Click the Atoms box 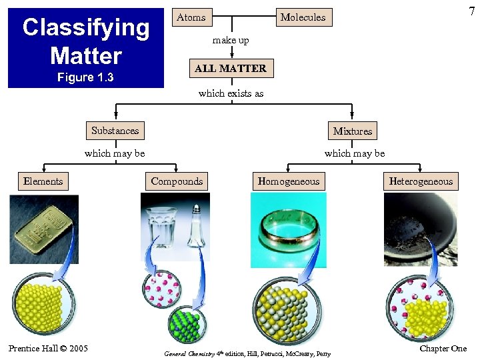191,17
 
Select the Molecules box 303,17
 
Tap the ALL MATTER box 230,68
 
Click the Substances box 115,131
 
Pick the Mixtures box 352,131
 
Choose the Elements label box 43,181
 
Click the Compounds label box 177,181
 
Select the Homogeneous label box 288,181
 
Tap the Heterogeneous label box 421,181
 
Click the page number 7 471,11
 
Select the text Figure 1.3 85,77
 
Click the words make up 231,41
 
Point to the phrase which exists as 231,93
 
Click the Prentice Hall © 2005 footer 48,348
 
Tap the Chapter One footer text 443,349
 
